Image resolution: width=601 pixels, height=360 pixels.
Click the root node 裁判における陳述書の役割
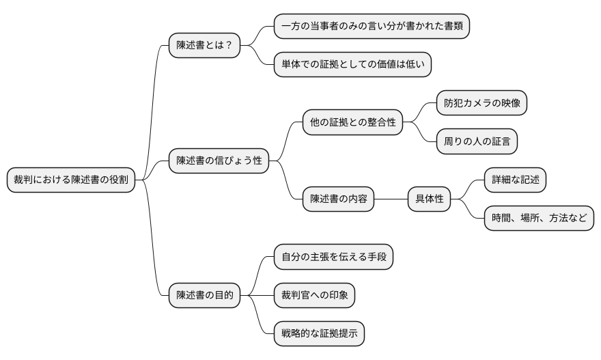pos(71,180)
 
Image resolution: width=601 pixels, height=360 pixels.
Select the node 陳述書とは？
pos(204,45)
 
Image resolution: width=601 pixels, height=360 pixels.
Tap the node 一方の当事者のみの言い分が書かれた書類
pos(372,27)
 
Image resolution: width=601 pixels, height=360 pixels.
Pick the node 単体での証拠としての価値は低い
pos(352,65)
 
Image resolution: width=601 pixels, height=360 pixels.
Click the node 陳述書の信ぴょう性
pos(219,161)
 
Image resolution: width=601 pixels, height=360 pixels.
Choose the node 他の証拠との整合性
pos(352,123)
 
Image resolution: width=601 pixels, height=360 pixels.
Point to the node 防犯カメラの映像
pos(482,103)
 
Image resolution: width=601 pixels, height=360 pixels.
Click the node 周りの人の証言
pos(477,141)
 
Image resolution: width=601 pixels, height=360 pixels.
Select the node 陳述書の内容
pos(338,199)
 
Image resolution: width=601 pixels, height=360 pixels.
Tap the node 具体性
pos(430,199)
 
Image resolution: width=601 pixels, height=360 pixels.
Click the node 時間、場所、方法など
pos(539,219)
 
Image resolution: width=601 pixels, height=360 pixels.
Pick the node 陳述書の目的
pos(204,295)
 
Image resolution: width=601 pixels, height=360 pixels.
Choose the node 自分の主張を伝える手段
pos(333,257)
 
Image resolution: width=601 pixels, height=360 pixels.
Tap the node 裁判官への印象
pos(314,295)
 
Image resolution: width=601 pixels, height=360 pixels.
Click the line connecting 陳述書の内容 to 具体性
pos(391,199)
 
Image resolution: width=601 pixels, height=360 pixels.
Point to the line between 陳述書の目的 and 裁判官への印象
pos(257,295)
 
